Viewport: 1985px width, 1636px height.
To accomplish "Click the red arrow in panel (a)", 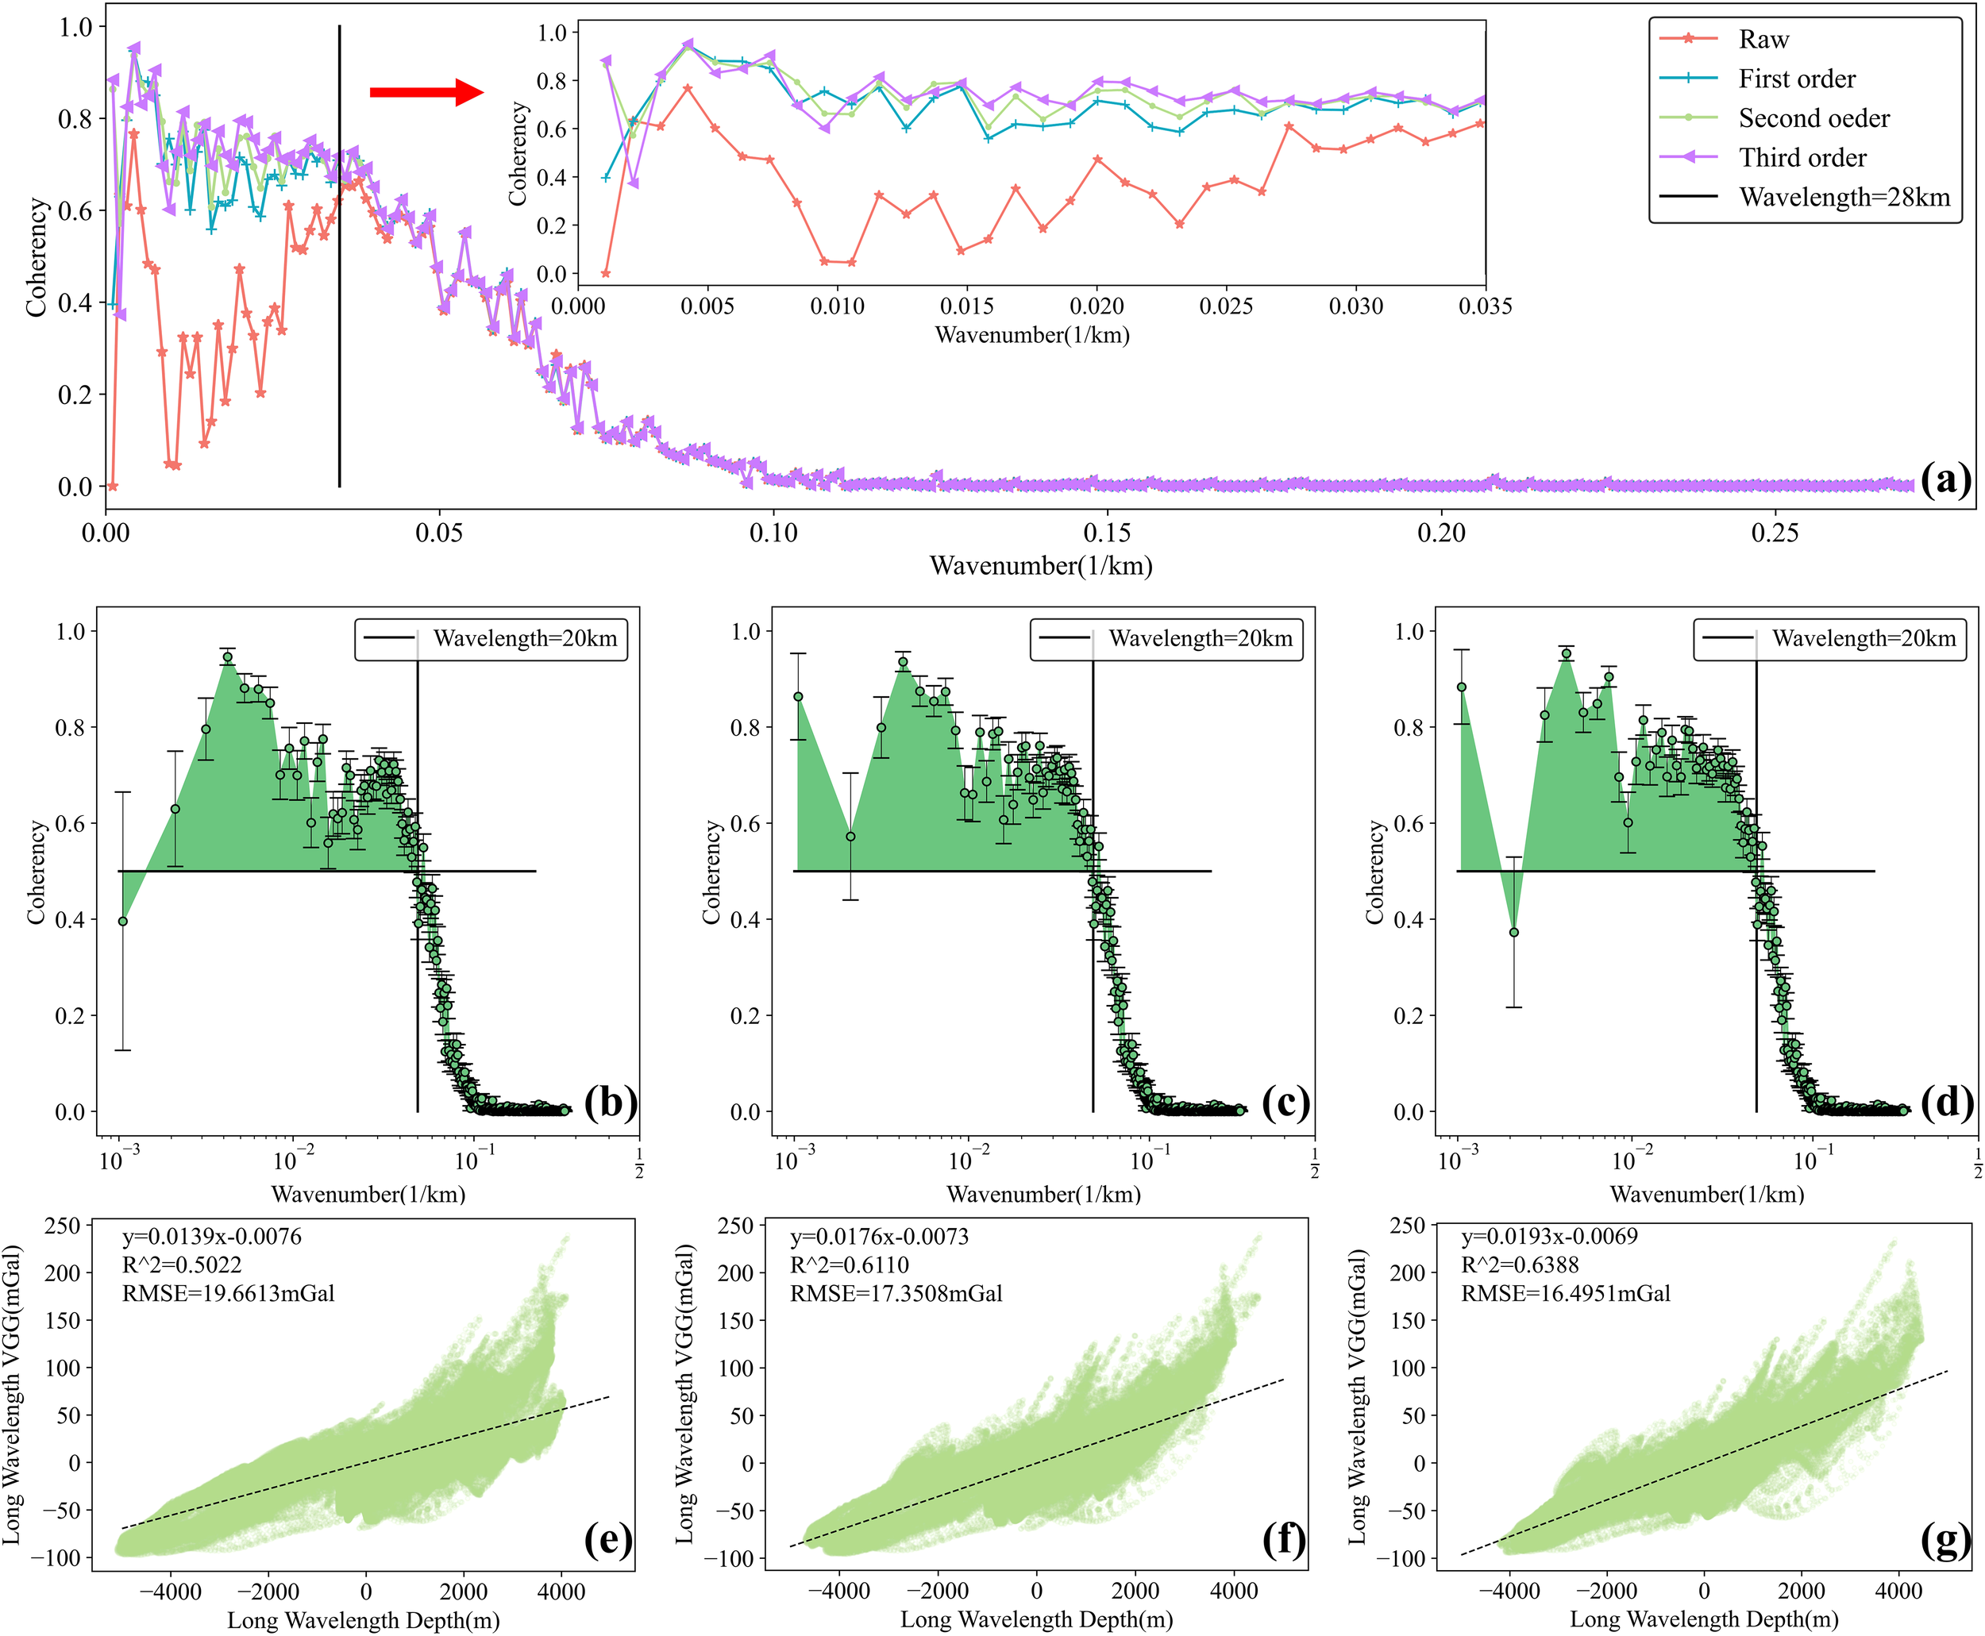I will click(x=426, y=92).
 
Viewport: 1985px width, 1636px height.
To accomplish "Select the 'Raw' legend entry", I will click(x=1763, y=40).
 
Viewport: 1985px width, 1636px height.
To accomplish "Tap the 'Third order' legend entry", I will click(x=1802, y=157).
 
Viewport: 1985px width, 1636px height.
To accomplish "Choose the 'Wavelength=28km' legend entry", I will click(x=1844, y=197).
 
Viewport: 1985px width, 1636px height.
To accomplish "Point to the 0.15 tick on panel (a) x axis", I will click(x=1107, y=533).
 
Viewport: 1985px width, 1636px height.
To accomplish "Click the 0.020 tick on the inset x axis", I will click(x=1097, y=306).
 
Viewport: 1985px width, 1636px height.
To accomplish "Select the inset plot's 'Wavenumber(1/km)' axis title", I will click(x=1031, y=334).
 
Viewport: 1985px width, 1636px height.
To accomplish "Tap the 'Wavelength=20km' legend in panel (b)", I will click(x=491, y=639).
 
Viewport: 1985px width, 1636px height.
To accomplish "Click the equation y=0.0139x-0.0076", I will click(x=212, y=1237).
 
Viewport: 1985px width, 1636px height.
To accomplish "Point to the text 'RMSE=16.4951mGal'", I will click(x=1565, y=1293).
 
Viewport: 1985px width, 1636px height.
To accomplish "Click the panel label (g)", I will click(x=1945, y=1540).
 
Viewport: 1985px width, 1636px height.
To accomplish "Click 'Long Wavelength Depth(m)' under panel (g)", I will click(x=1703, y=1619).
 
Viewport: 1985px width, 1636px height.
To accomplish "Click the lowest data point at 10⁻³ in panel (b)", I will click(x=122, y=921).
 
